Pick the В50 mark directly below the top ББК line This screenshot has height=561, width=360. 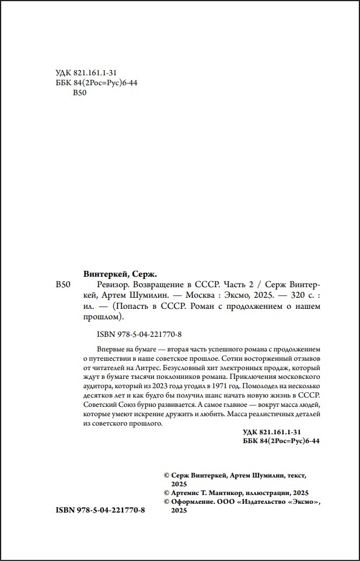[x=79, y=93]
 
